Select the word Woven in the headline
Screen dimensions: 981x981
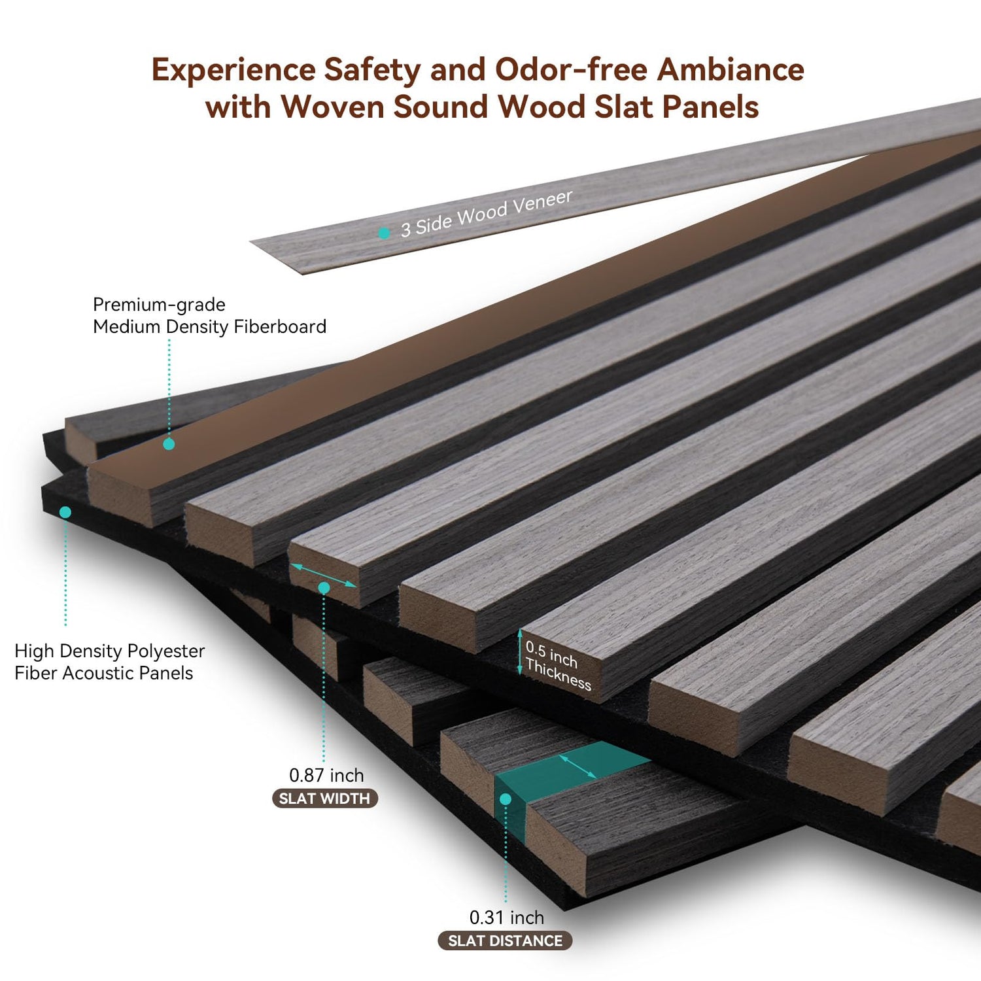point(332,107)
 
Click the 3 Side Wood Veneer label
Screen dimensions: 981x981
point(486,213)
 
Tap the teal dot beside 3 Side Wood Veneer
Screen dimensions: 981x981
point(385,233)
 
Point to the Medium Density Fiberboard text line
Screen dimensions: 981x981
point(209,327)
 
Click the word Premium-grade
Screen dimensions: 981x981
point(159,305)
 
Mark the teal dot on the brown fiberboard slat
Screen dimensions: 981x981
point(169,444)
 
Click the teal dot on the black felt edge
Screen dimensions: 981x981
point(65,512)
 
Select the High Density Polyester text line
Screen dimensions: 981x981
point(109,651)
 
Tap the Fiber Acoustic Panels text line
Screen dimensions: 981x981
point(103,674)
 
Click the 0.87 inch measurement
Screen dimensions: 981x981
point(326,776)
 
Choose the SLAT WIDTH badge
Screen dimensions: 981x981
point(324,799)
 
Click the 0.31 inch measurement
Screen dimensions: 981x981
point(506,918)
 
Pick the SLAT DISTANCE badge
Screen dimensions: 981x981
point(505,941)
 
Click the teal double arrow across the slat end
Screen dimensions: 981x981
point(323,575)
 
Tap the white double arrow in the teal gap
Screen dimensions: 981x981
point(578,766)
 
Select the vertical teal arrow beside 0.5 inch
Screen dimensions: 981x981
point(520,651)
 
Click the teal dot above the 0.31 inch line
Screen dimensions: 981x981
point(505,799)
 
